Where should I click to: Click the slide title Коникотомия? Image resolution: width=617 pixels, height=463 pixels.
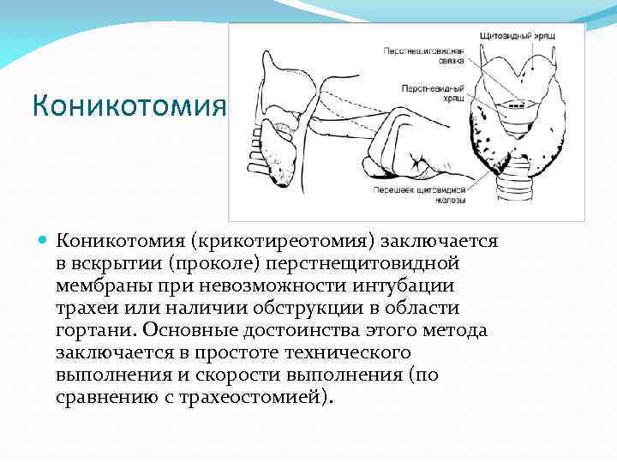(x=128, y=108)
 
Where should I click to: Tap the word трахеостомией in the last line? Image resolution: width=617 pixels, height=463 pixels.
(x=261, y=397)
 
